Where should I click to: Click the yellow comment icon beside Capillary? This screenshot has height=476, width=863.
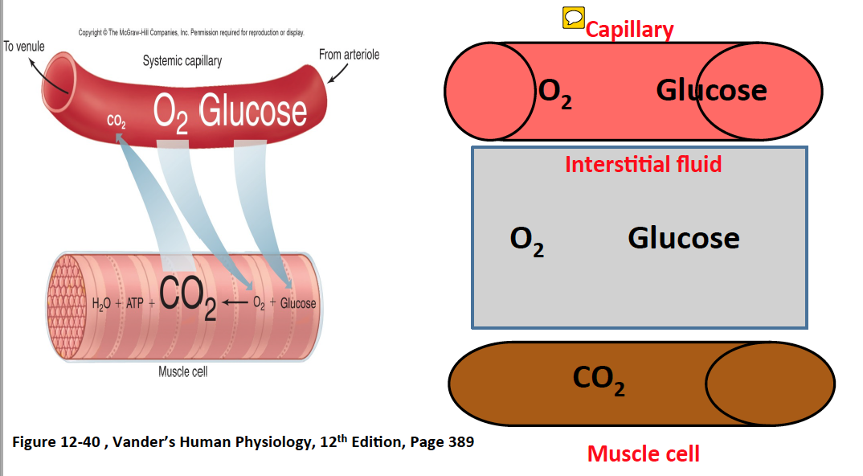[573, 18]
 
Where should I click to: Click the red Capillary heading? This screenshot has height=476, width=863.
[629, 30]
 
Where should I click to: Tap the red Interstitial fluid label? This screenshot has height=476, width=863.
[643, 164]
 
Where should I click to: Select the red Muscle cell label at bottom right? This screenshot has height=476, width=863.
[643, 453]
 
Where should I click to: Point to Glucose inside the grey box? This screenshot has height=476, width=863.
[683, 238]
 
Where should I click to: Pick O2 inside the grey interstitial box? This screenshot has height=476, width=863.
[527, 240]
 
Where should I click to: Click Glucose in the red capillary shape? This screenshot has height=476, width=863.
[711, 90]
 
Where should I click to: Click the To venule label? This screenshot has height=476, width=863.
[24, 47]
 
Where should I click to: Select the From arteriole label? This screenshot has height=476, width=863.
[349, 55]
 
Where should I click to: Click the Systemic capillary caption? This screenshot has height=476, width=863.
[182, 61]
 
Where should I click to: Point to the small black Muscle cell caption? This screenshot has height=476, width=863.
[183, 371]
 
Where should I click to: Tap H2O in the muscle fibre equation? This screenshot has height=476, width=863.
[101, 304]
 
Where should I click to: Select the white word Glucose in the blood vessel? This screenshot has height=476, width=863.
[252, 113]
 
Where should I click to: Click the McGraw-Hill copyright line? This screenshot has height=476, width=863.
[190, 32]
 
